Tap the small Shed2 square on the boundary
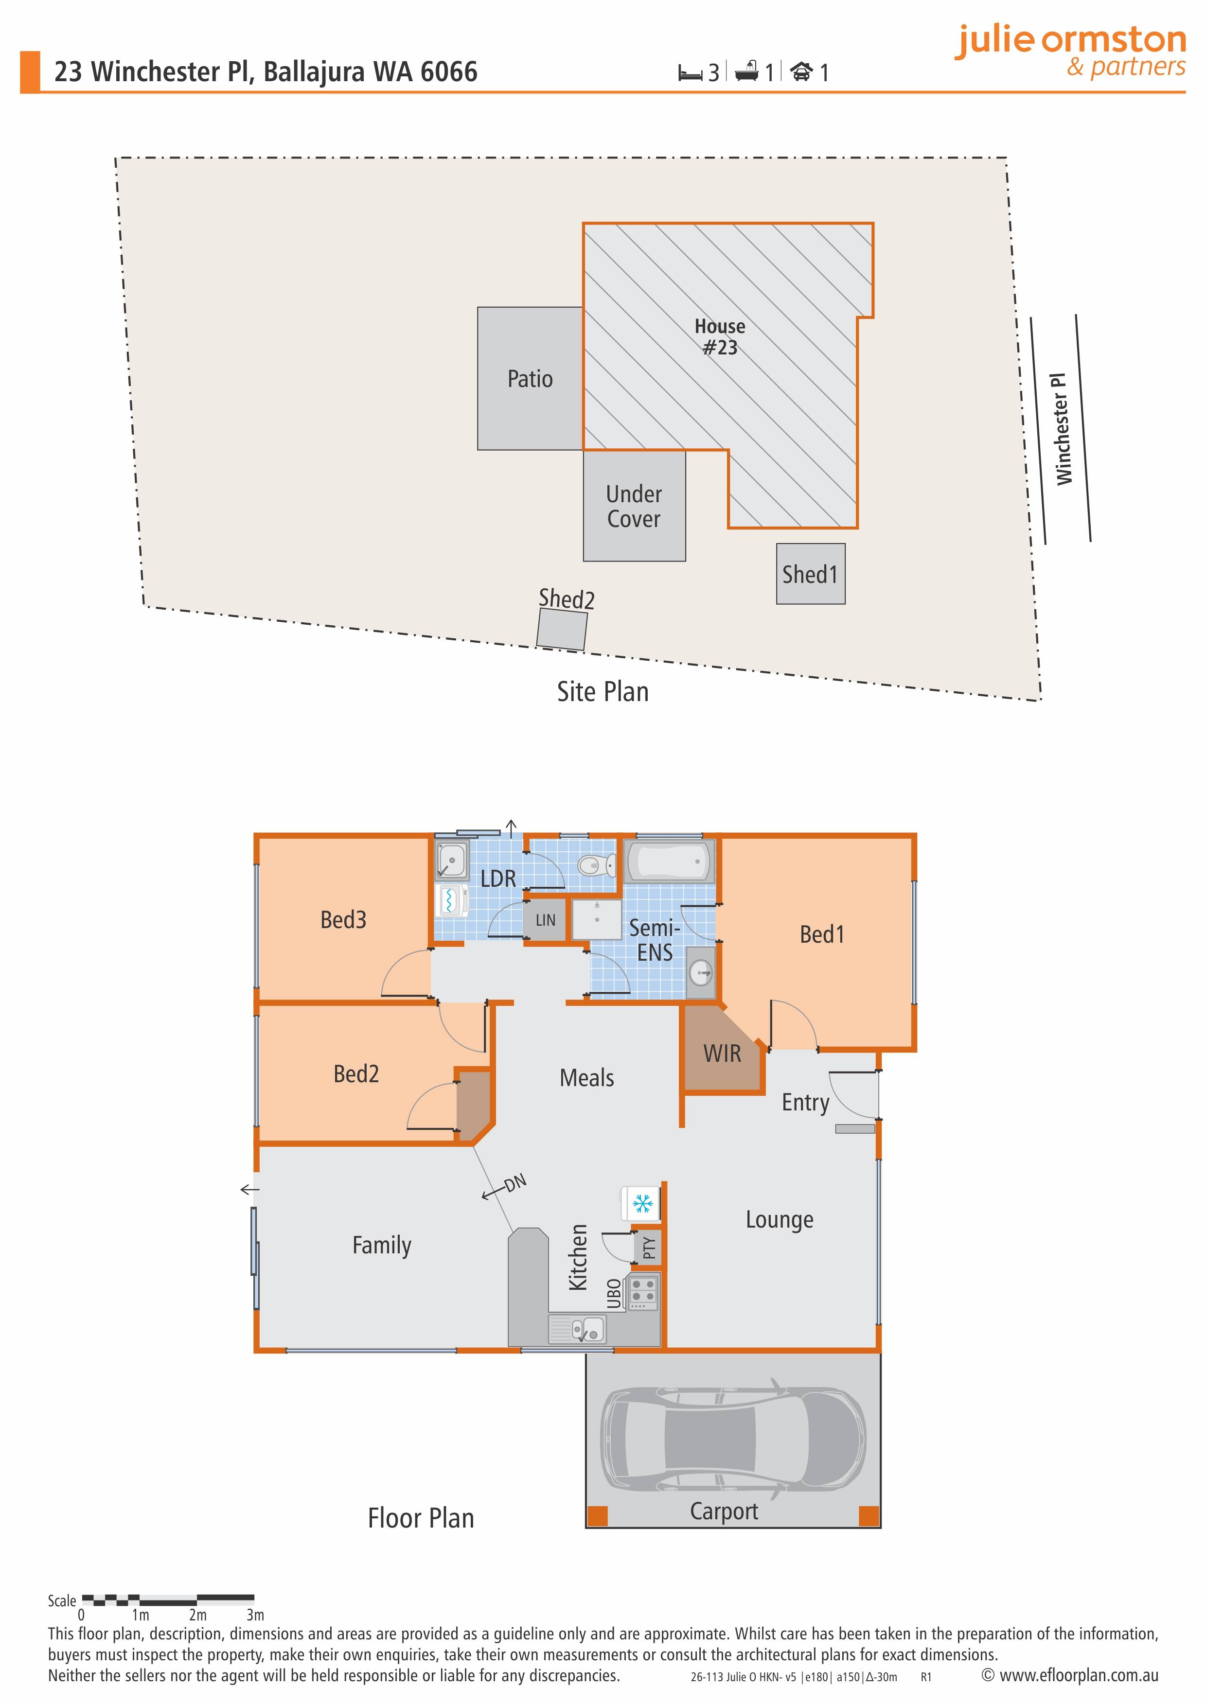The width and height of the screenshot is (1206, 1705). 561,629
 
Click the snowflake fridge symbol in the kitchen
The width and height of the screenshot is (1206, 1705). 641,1202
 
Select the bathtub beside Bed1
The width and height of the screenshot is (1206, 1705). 668,861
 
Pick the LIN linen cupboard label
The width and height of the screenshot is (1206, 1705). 545,920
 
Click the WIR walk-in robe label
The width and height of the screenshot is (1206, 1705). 722,1053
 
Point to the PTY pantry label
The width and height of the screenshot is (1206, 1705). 649,1248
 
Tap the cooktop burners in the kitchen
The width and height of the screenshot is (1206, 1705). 643,1291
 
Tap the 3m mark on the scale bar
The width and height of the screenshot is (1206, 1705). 255,1615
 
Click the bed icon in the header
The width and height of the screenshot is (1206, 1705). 690,73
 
